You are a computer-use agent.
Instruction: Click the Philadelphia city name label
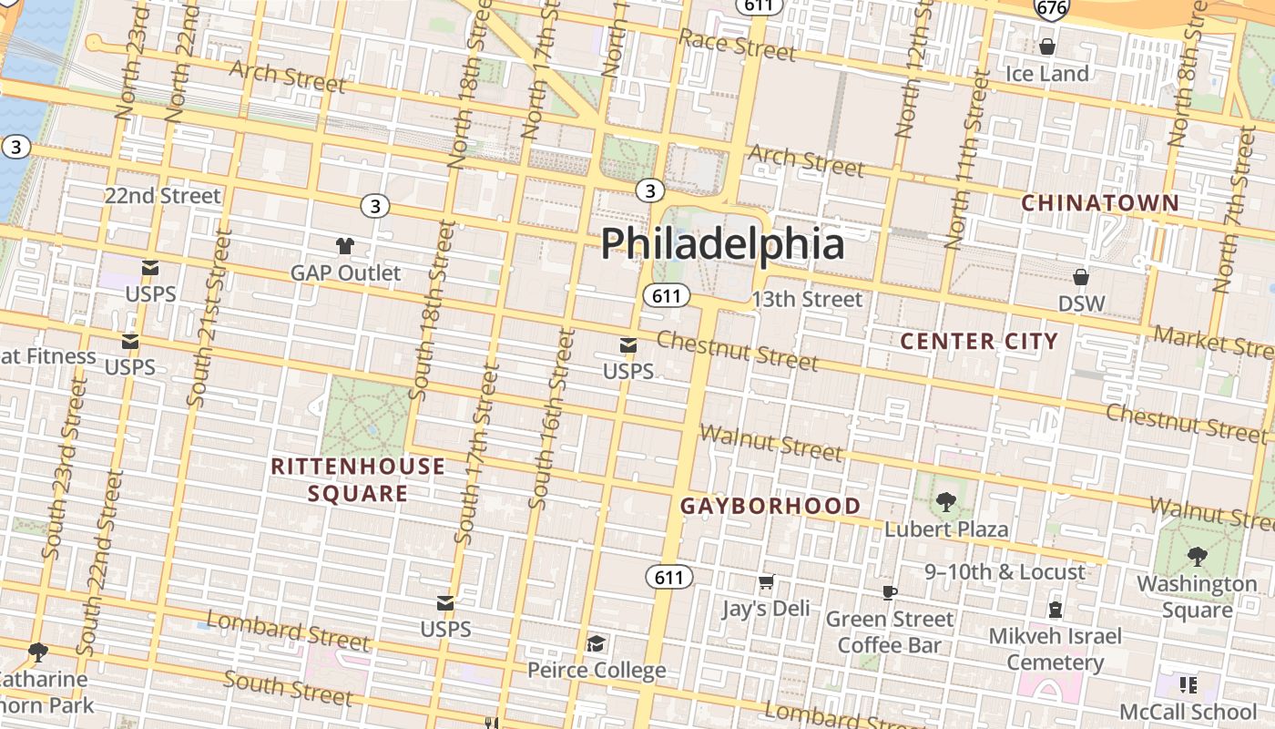point(722,244)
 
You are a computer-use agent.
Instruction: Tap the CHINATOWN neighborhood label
point(1099,203)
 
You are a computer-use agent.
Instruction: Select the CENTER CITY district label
point(979,342)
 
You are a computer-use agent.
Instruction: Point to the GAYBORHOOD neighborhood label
point(770,507)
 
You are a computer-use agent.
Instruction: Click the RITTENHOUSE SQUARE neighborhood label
point(358,480)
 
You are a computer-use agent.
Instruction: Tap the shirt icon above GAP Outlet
point(345,246)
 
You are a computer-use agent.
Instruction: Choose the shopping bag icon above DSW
point(1081,277)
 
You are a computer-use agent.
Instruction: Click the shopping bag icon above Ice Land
point(1047,46)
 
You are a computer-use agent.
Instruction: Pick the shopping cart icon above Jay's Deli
point(766,581)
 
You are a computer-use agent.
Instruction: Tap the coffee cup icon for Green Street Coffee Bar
point(889,592)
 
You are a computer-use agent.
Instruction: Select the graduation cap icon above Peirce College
point(596,644)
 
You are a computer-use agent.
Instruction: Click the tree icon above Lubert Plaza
point(946,501)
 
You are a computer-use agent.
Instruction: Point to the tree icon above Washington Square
point(1197,556)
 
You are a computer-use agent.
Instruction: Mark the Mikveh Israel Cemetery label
point(1056,649)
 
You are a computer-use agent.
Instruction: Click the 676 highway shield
point(1051,8)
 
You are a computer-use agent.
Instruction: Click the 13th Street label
point(806,300)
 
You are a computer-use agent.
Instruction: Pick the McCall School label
point(1188,712)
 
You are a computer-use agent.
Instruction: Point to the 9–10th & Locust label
point(1005,572)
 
